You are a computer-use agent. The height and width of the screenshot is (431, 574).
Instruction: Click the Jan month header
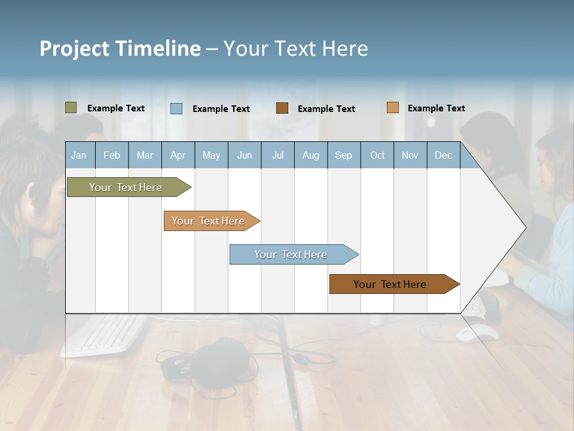[79, 155]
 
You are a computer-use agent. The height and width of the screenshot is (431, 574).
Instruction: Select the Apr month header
[178, 155]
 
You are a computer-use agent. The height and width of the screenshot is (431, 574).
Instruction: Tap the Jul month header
[277, 155]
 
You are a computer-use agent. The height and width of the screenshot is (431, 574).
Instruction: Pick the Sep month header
[343, 155]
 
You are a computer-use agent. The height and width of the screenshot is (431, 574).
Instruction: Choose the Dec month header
[443, 155]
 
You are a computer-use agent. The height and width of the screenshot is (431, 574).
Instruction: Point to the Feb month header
[112, 155]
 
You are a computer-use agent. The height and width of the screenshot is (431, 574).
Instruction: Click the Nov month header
[410, 155]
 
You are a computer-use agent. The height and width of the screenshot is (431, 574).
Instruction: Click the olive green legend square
[71, 108]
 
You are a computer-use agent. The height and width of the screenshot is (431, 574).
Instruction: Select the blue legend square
[176, 108]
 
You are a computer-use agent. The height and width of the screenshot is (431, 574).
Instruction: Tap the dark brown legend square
[282, 108]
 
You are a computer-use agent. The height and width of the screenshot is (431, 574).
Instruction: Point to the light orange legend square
[392, 108]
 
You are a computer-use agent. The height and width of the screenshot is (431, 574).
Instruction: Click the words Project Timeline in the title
[120, 48]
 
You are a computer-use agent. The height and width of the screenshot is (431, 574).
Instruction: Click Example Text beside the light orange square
[436, 108]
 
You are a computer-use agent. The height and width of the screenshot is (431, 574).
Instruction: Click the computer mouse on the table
[477, 333]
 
